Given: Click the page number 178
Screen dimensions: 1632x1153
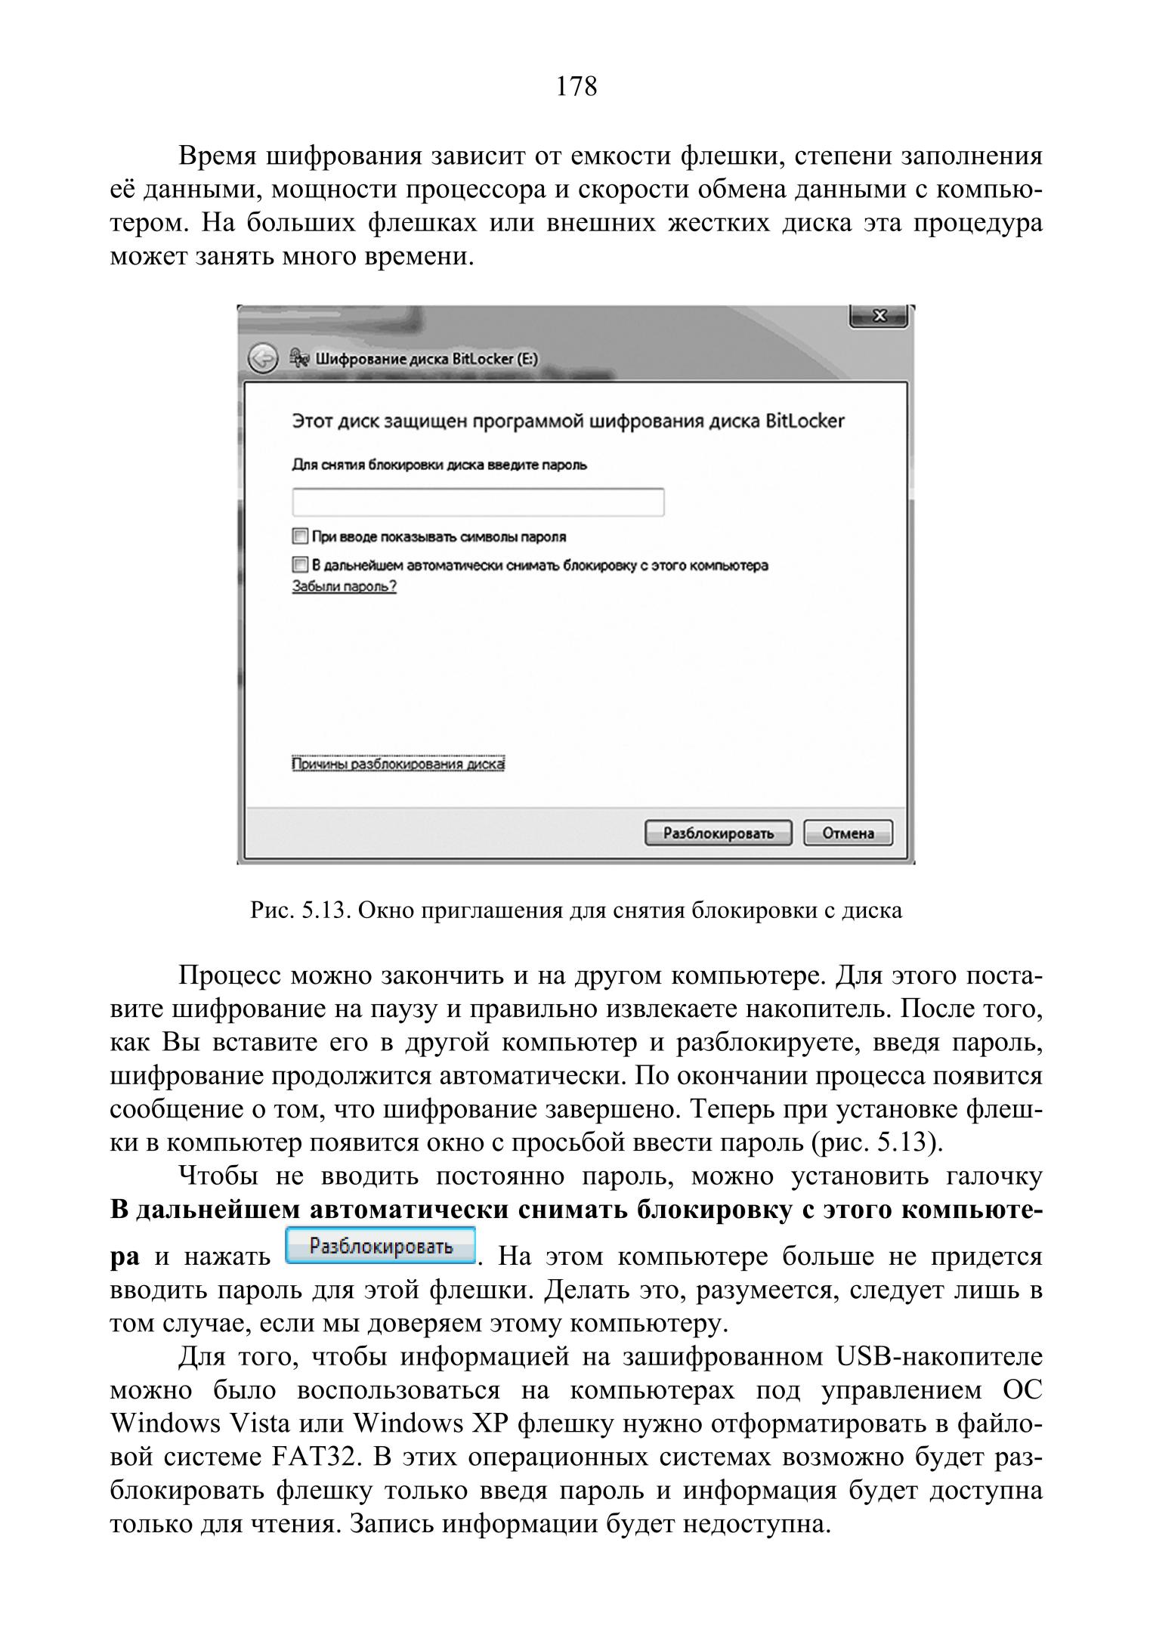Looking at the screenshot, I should (x=576, y=87).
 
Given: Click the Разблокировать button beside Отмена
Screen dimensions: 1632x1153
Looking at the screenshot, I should (x=718, y=833).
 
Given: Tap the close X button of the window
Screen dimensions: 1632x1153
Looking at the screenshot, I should (x=879, y=316).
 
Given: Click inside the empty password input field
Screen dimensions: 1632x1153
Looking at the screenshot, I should (x=478, y=502).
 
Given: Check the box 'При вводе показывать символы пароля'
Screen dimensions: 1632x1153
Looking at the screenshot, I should (x=300, y=536).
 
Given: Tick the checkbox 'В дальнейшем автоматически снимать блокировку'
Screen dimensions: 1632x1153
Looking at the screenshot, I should (x=300, y=564).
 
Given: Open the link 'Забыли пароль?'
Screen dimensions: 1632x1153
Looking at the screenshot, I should (x=344, y=586).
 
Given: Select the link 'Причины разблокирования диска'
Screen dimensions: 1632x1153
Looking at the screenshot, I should (x=398, y=764).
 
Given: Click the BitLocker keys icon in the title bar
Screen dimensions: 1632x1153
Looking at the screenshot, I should (x=299, y=358).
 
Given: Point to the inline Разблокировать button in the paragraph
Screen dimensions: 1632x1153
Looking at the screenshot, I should (x=381, y=1246).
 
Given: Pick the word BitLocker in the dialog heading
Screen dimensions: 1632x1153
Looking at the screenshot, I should (x=805, y=421).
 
